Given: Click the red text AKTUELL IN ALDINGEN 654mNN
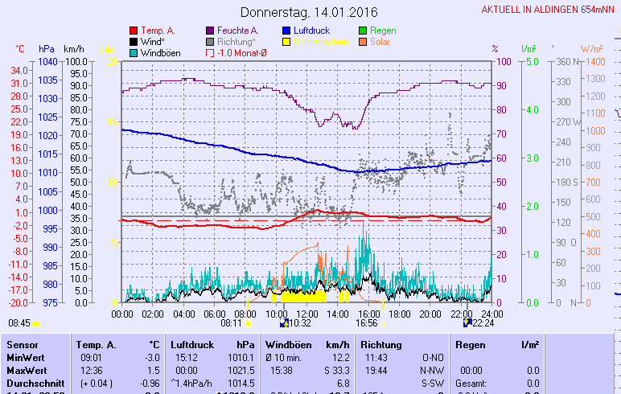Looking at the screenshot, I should click(549, 10).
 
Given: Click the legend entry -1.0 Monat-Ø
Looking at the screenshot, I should click(242, 53).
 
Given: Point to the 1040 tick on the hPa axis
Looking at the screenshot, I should click(47, 61).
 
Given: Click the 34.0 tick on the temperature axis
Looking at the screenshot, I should click(20, 70).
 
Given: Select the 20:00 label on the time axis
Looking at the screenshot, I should click(430, 314).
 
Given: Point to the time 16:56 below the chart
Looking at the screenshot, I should click(366, 323).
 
